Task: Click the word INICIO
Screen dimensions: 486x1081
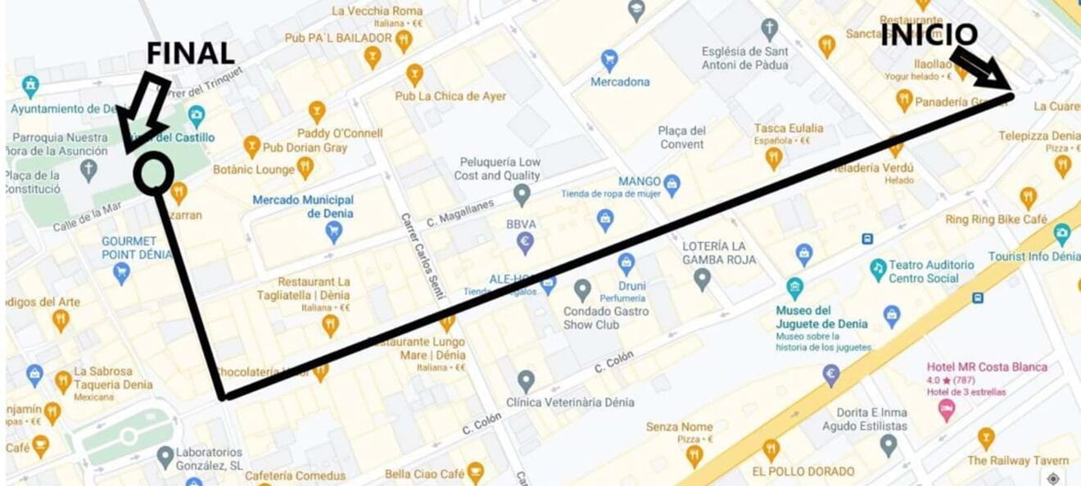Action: pyautogui.click(x=929, y=34)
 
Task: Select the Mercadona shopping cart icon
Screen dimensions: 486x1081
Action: pyautogui.click(x=608, y=60)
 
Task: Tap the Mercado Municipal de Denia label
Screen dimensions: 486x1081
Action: pyautogui.click(x=303, y=207)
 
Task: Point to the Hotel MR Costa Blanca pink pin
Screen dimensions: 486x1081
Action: pyautogui.click(x=947, y=409)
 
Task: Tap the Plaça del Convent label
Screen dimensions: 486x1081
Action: pyautogui.click(x=681, y=138)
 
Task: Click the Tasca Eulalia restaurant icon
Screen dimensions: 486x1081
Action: pyautogui.click(x=773, y=157)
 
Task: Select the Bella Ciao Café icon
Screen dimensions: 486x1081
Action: pyautogui.click(x=475, y=473)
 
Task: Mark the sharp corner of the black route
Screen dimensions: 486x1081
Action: pyautogui.click(x=223, y=397)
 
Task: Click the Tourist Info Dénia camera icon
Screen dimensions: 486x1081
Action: pyautogui.click(x=1062, y=234)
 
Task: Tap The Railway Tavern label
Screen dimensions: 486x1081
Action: pyautogui.click(x=1017, y=461)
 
